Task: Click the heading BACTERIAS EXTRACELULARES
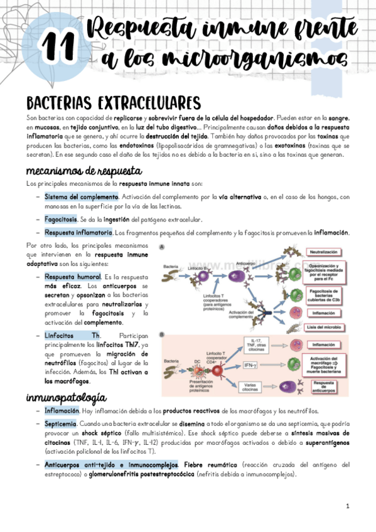114,103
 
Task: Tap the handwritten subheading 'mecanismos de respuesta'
84,171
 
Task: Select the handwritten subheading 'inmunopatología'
65,398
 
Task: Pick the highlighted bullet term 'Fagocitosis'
61,220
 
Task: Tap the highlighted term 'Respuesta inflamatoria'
78,233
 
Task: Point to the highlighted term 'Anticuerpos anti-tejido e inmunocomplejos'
111,465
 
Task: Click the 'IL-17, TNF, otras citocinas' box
253,344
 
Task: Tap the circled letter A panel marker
163,247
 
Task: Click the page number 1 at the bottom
347,506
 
